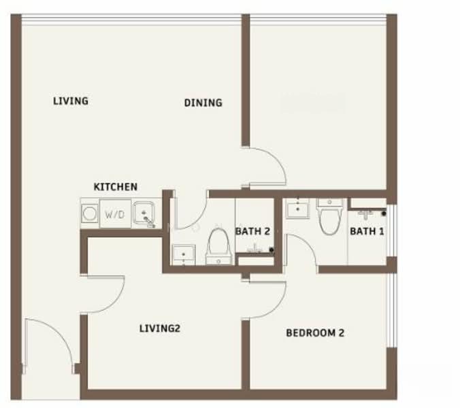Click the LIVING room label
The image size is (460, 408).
(71, 101)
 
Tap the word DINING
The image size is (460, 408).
(203, 103)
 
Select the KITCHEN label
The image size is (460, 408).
(115, 187)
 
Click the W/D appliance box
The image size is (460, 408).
(115, 214)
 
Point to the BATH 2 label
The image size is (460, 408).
(252, 231)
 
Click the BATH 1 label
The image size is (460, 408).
(367, 231)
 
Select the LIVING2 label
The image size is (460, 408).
(160, 328)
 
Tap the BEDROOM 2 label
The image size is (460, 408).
(315, 333)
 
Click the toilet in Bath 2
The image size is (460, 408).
(218, 246)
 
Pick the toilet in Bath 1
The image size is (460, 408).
(330, 217)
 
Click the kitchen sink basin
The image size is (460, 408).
(144, 213)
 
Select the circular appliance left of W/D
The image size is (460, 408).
(90, 214)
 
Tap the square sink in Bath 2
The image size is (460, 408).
(184, 255)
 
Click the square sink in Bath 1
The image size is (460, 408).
(298, 208)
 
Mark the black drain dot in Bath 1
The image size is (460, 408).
(384, 214)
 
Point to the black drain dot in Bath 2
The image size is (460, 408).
(272, 250)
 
